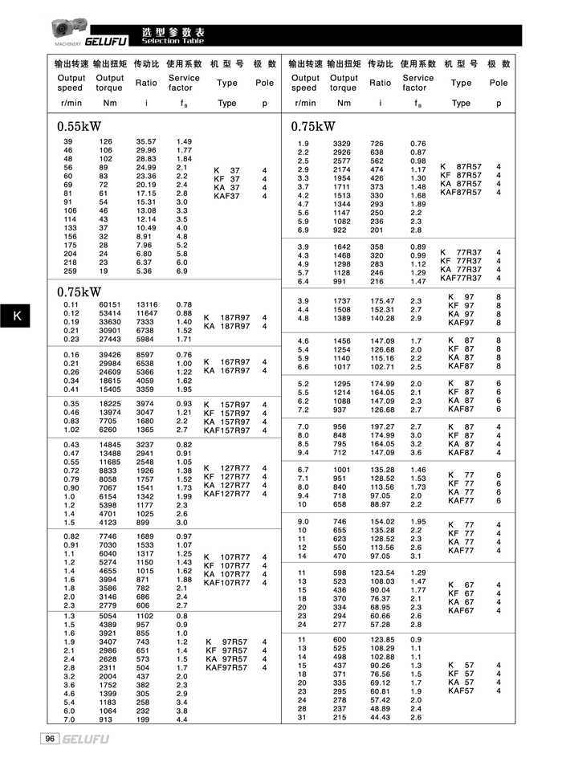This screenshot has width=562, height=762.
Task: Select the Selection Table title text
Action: (x=173, y=40)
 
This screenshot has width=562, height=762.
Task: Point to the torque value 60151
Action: (x=110, y=305)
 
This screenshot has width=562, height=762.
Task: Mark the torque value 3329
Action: (x=343, y=144)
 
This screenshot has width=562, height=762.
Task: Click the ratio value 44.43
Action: (x=381, y=717)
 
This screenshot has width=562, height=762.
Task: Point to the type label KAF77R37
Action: (x=461, y=278)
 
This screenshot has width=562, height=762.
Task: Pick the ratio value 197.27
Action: (x=381, y=426)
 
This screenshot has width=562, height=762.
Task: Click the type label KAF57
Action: (x=461, y=691)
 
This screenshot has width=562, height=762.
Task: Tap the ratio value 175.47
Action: (x=381, y=301)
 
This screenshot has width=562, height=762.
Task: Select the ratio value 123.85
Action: (x=381, y=639)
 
